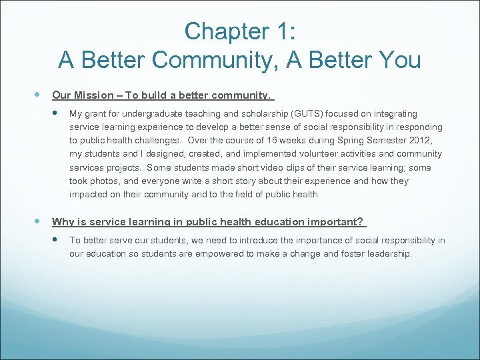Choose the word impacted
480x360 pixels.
(89, 194)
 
